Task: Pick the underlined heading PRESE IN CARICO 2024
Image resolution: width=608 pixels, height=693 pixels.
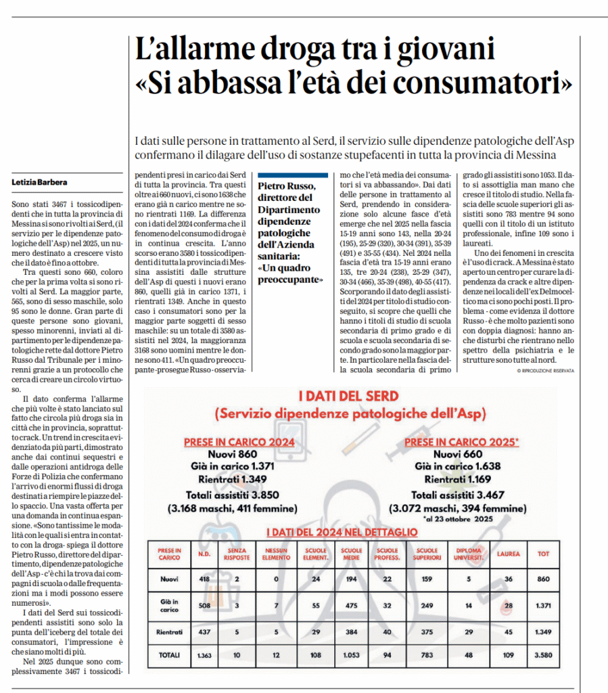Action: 239,443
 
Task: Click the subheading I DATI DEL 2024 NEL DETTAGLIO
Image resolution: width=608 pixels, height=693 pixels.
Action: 342,533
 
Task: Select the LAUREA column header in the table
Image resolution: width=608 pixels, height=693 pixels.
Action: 509,554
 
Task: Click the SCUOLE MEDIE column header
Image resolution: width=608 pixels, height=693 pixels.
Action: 352,554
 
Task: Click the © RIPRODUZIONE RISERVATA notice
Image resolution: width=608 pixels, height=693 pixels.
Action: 545,371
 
